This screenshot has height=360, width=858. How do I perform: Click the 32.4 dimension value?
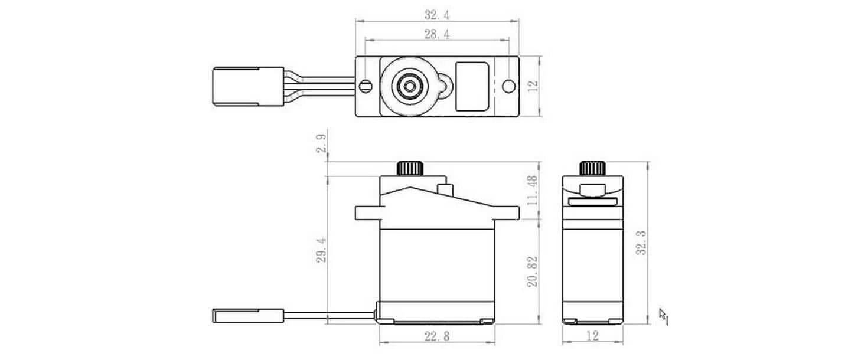click(x=437, y=14)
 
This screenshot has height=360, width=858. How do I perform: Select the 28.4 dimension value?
click(x=437, y=35)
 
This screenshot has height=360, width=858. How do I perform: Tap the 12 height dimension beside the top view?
click(x=533, y=86)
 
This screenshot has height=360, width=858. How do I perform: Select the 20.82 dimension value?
click(x=533, y=271)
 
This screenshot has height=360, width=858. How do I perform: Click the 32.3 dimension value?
click(x=640, y=242)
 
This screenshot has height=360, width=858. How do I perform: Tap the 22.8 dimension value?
click(x=437, y=336)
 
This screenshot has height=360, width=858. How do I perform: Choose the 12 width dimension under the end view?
click(x=592, y=336)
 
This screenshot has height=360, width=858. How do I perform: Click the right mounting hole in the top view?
click(x=507, y=86)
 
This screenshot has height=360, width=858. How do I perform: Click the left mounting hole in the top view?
click(x=366, y=86)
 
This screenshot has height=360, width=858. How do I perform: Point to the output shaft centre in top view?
click(x=407, y=86)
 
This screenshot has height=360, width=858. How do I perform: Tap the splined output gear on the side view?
click(x=411, y=168)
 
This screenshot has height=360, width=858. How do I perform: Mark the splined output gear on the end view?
click(x=592, y=168)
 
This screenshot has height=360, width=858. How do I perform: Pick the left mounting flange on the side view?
click(x=367, y=212)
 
